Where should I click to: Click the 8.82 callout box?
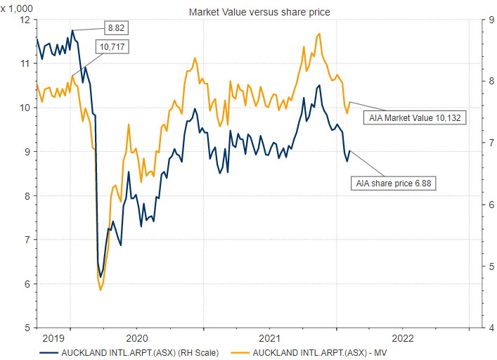[x=116, y=28]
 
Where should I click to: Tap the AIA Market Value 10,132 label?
[x=415, y=118]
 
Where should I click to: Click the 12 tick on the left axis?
[x=25, y=20]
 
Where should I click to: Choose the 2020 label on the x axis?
[x=137, y=337]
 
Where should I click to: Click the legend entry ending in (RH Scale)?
[x=138, y=352]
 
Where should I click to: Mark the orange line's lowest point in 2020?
[x=101, y=290]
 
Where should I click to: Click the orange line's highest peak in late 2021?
[x=320, y=33]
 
